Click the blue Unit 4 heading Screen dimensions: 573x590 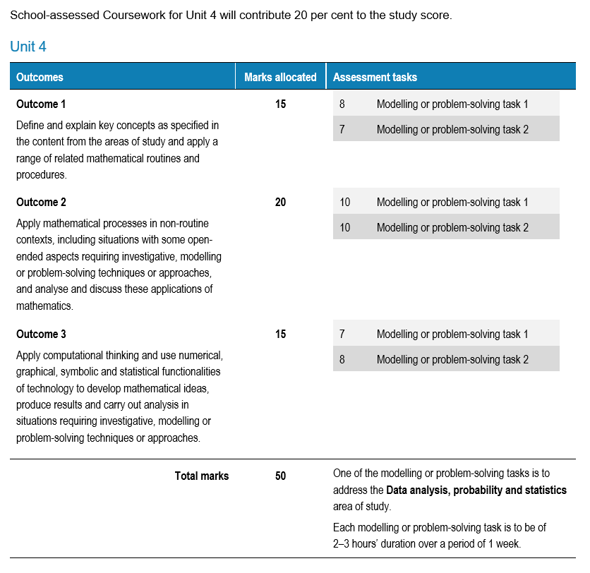coord(28,47)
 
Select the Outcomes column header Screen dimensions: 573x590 coord(40,77)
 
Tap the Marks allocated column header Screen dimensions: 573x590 coord(280,77)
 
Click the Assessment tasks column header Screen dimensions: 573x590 coord(375,77)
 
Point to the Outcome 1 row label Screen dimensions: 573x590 coord(41,104)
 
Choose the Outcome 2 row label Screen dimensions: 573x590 coord(41,202)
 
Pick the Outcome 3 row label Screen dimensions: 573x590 coord(41,334)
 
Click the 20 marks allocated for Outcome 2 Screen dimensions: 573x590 coord(280,202)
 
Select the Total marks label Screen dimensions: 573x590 coord(202,476)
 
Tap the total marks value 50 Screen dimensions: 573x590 coord(280,476)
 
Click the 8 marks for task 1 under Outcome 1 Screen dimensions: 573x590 coord(342,104)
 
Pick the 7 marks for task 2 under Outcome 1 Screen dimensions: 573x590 coord(342,129)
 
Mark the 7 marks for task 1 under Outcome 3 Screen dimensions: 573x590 coord(342,334)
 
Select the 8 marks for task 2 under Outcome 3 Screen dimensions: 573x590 coord(342,359)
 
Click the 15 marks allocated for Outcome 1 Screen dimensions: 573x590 coord(280,104)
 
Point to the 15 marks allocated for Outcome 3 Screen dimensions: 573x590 coord(280,334)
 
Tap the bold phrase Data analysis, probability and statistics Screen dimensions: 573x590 coord(476,490)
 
